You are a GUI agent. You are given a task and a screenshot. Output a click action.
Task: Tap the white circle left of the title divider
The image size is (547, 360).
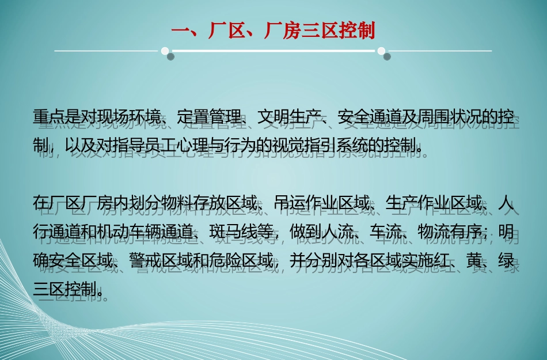click(x=165, y=50)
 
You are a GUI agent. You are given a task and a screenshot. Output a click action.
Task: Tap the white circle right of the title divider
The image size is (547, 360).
click(x=381, y=51)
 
